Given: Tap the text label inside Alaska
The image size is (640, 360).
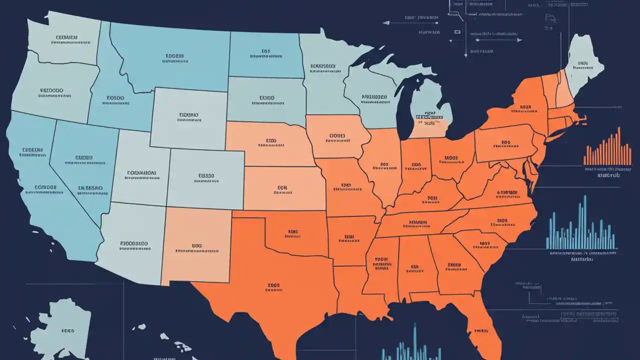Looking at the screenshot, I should coord(67,330).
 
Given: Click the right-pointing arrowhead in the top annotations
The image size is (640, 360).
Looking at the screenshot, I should coord(519,40).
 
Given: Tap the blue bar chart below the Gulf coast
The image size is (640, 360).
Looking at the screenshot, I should coord(410,347).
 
